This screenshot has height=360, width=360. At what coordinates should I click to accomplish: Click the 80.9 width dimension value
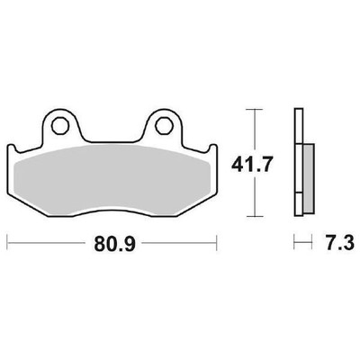point(112,244)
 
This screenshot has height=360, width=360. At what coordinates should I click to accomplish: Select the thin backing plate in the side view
point(298,162)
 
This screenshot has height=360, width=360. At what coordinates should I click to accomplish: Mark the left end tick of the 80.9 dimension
point(8,243)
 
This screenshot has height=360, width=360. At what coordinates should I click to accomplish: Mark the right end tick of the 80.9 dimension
point(217,243)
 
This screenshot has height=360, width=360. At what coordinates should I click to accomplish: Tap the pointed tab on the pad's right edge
point(214,149)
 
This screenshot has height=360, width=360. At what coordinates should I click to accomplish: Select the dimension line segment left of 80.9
point(45,243)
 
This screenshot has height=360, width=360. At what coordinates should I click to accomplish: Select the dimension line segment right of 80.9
point(180,243)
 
